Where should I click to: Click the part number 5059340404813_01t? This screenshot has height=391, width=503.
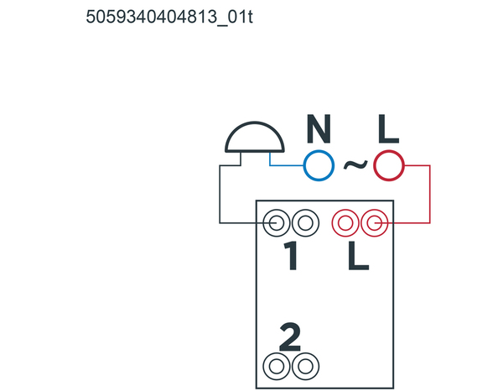(169, 17)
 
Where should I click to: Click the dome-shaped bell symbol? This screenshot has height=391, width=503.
(255, 137)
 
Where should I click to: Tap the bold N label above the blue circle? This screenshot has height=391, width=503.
(319, 128)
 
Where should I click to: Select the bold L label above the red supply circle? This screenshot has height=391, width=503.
(388, 128)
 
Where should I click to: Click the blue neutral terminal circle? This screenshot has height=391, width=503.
(319, 165)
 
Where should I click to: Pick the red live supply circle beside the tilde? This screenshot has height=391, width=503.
(388, 165)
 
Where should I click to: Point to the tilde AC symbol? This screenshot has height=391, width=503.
(355, 164)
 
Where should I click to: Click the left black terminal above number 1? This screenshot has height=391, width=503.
(277, 223)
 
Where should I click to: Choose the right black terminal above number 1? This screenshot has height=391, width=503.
(305, 223)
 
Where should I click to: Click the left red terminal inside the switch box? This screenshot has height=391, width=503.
(345, 223)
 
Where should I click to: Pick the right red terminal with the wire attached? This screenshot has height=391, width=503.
(375, 223)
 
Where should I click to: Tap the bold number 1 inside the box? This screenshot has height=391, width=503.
(291, 256)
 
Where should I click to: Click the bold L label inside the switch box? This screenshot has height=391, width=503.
(358, 256)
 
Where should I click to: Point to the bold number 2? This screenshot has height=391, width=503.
(290, 336)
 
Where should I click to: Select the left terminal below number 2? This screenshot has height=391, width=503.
(277, 367)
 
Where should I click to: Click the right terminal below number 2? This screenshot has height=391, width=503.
(305, 367)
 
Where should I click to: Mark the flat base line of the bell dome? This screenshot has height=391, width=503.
(255, 151)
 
